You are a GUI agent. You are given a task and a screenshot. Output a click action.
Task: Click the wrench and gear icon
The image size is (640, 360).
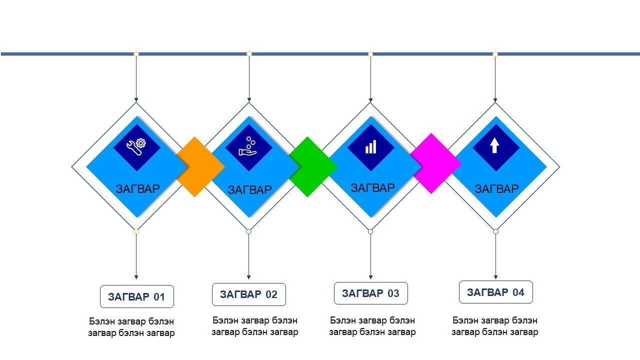[x=136, y=147]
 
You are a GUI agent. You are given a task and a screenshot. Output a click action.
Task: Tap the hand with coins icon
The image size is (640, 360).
[x=247, y=146]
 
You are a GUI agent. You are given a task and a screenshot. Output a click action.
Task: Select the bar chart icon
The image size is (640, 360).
[x=371, y=147]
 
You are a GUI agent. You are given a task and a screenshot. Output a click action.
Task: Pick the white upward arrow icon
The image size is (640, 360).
[x=494, y=145]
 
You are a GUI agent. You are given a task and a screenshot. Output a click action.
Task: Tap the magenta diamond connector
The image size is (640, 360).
[x=434, y=163]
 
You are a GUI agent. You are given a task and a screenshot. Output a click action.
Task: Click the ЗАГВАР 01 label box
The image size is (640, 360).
[x=137, y=296]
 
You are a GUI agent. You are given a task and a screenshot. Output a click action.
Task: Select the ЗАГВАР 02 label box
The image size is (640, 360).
[x=249, y=294]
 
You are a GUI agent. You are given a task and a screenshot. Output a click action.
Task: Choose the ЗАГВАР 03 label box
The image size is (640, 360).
[x=371, y=293]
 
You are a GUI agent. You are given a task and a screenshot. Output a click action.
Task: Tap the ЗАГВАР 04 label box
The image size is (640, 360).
[x=495, y=292]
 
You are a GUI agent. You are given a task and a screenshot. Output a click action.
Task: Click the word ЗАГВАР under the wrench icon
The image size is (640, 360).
[x=137, y=189]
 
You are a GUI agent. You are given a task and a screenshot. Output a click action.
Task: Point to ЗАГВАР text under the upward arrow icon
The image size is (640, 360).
[x=497, y=189]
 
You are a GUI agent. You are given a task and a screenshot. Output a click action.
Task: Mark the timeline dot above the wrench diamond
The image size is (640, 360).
[x=136, y=54]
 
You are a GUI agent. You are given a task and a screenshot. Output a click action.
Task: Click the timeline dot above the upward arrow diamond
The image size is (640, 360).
[x=495, y=54]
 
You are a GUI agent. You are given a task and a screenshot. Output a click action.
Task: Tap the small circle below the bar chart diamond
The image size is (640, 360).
[x=370, y=231]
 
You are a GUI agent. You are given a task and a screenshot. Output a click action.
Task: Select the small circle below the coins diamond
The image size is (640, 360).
[x=248, y=231]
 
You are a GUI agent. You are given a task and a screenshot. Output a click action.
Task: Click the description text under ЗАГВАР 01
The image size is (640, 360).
[x=131, y=327]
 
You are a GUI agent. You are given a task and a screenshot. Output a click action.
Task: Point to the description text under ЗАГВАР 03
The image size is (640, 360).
[x=372, y=326]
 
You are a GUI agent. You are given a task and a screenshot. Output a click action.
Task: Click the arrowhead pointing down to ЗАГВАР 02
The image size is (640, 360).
[x=248, y=277]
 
